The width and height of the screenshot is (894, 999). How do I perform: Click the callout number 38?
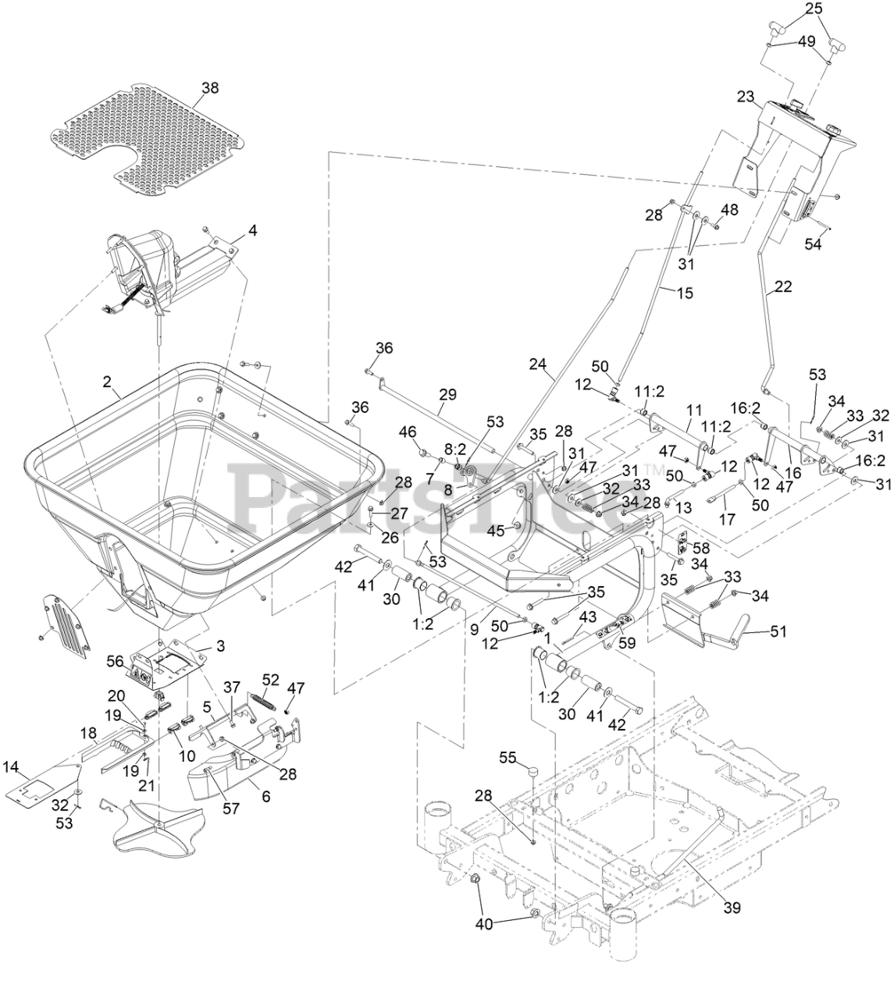[210, 88]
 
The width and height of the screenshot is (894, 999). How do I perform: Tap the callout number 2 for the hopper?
[107, 382]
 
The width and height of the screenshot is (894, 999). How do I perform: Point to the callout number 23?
[746, 98]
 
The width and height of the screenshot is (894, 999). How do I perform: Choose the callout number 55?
[508, 757]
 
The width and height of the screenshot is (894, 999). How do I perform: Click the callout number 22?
[782, 286]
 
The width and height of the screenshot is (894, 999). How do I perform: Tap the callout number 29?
[447, 395]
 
